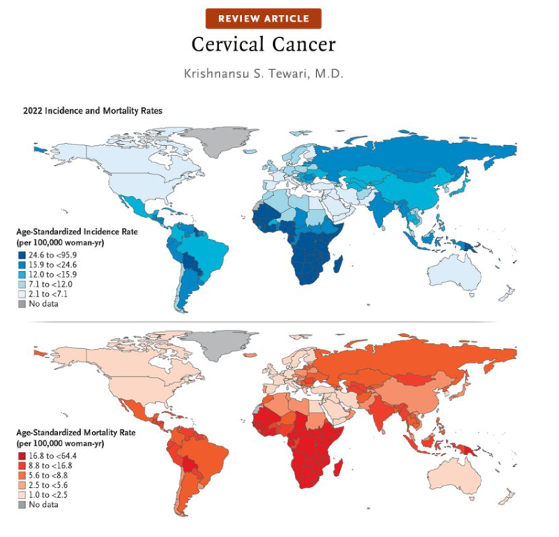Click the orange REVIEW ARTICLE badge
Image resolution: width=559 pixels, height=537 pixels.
263,19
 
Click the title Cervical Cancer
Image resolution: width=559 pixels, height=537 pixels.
263,44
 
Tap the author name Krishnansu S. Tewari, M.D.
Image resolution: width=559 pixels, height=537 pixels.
263,74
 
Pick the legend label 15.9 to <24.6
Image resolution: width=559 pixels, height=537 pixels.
52,264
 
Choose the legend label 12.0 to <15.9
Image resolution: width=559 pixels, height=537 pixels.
52,274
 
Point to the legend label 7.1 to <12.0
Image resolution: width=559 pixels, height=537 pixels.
51,284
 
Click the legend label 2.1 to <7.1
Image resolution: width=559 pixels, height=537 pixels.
49,294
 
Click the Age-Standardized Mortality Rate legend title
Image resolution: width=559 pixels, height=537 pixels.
75,433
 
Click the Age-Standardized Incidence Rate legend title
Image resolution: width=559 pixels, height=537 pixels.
75,232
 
